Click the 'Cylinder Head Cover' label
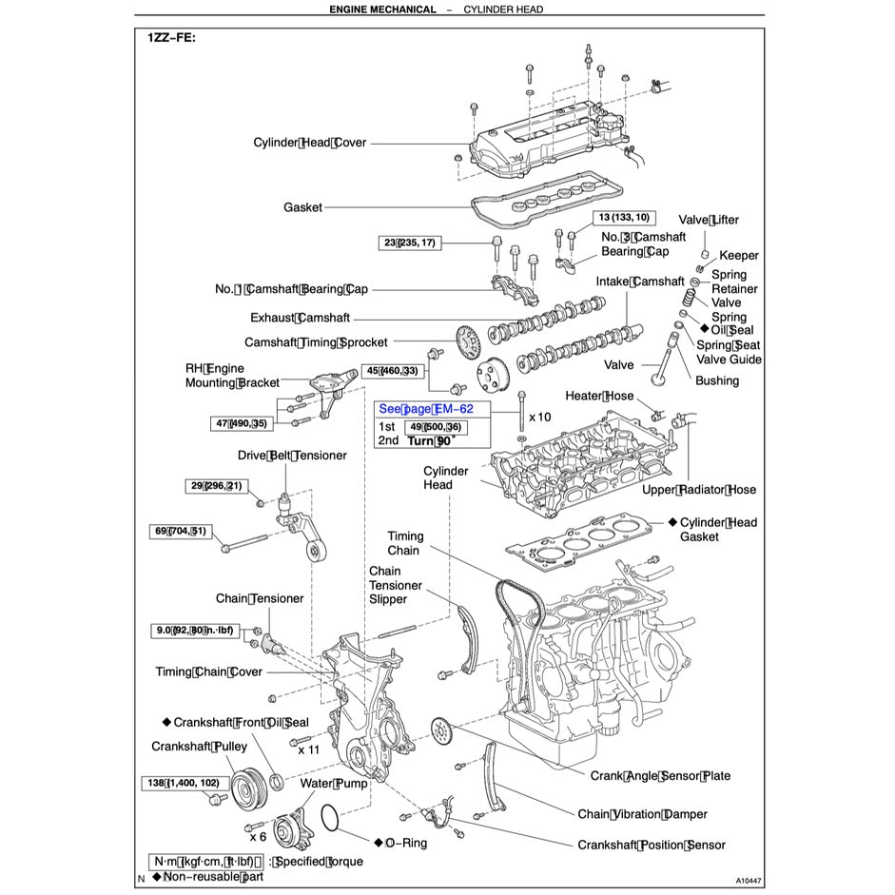309,143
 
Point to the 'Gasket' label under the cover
302,207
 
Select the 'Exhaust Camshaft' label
300,318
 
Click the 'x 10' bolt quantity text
539,417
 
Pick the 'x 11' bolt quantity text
307,749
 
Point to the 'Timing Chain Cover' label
208,672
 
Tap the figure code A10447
749,881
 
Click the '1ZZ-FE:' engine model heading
171,38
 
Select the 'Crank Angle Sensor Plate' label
660,776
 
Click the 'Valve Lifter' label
708,220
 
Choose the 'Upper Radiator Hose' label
699,490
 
